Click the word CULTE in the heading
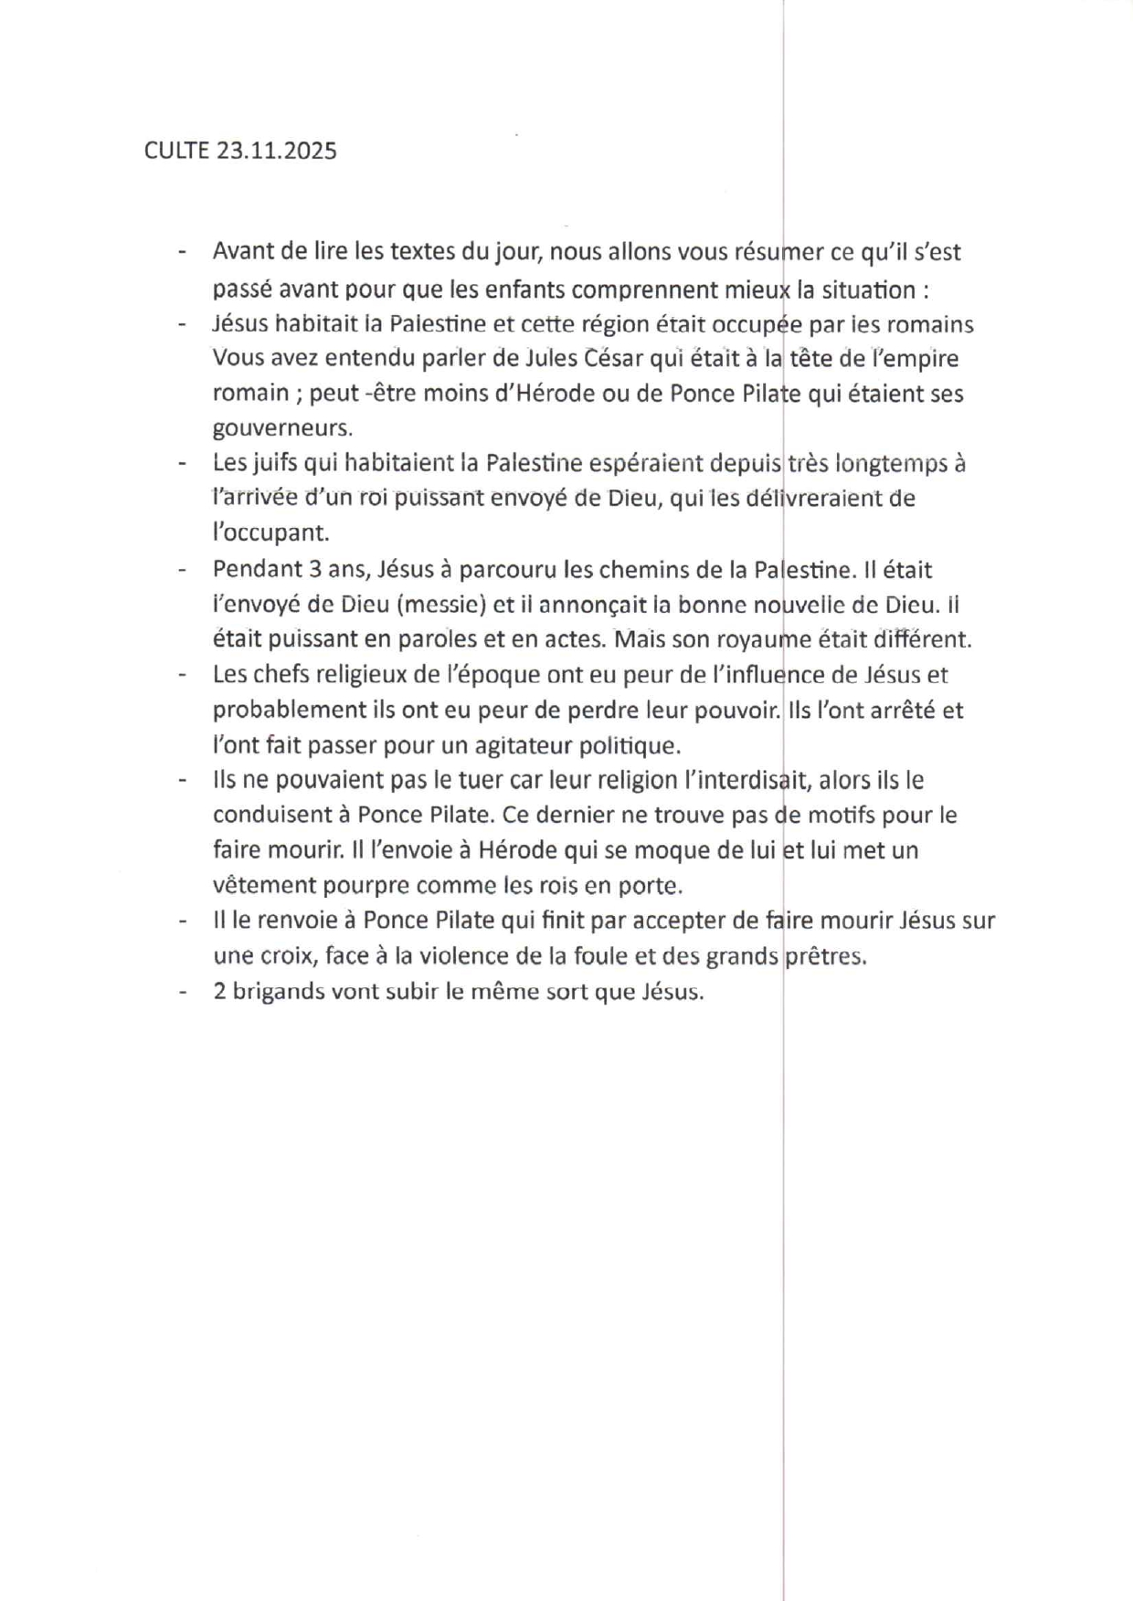pos(176,151)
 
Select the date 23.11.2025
pos(277,151)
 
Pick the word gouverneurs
pos(282,427)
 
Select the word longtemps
pos(890,463)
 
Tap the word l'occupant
pos(270,532)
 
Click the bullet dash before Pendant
pos(183,570)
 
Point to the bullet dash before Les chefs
pos(183,675)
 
